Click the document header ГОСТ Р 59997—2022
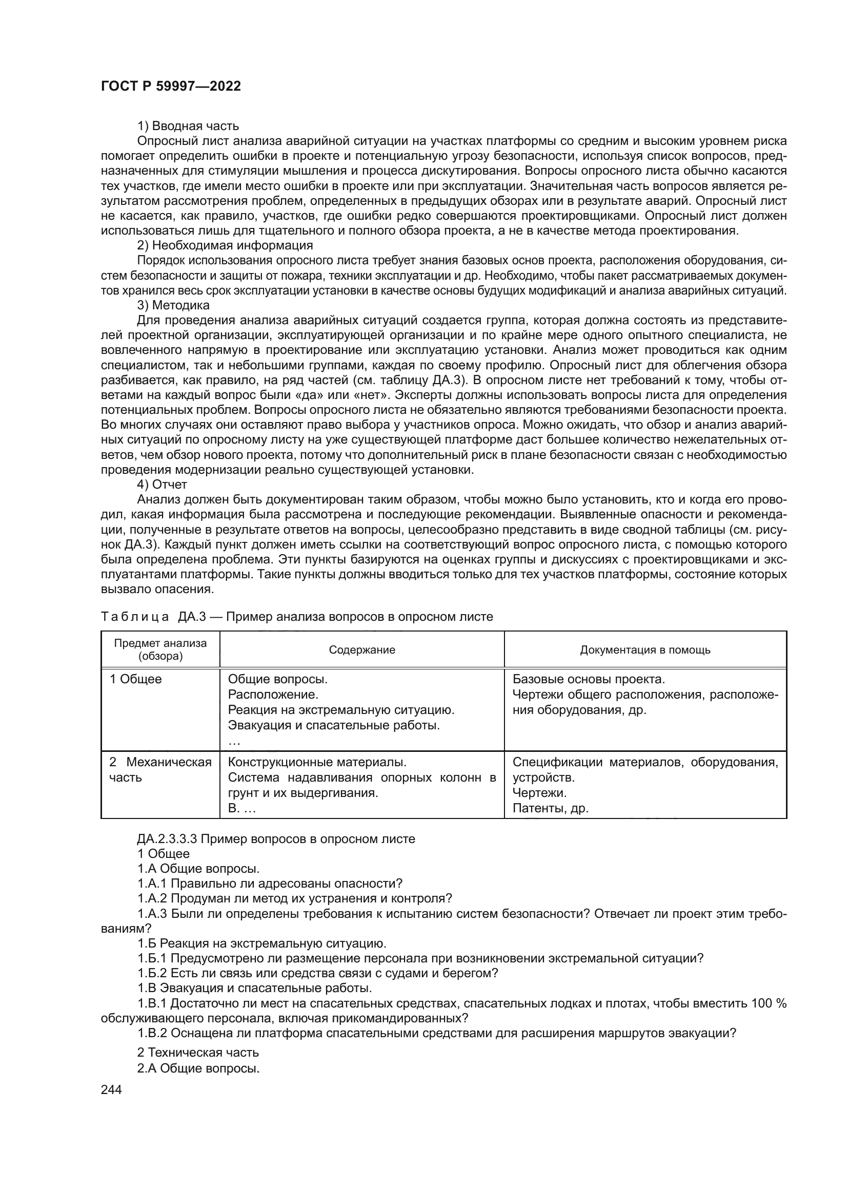[x=171, y=87]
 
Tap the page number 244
[x=111, y=1089]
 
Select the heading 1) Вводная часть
[x=188, y=126]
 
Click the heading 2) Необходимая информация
[x=225, y=245]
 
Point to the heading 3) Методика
[x=173, y=305]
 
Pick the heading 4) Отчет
[x=162, y=484]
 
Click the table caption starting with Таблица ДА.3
[x=296, y=617]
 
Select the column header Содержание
[x=362, y=649]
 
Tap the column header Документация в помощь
[x=645, y=649]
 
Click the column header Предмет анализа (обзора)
[x=160, y=649]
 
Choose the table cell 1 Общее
[x=135, y=679]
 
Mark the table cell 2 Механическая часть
[x=160, y=770]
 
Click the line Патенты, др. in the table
[x=550, y=808]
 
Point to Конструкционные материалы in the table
[x=317, y=762]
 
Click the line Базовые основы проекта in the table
[x=589, y=679]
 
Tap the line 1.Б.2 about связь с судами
[x=317, y=973]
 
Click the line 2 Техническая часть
[x=198, y=1053]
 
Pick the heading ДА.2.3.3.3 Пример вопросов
[x=276, y=839]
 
